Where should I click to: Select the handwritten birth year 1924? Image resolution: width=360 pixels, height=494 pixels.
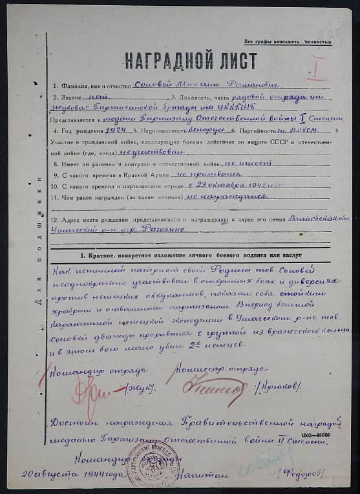coord(116,130)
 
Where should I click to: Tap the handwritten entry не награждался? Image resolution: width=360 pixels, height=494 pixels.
coord(223,196)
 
